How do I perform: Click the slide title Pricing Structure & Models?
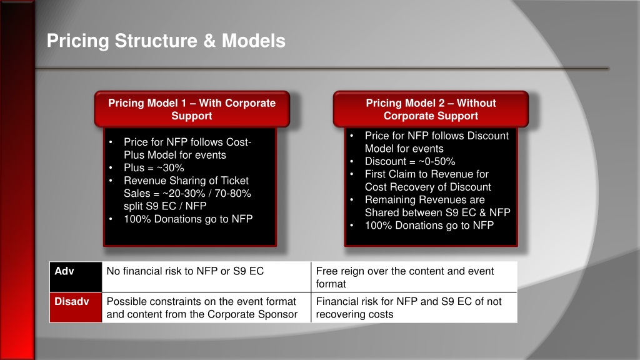[x=166, y=41]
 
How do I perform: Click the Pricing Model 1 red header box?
[x=192, y=109]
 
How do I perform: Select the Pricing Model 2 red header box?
[x=431, y=109]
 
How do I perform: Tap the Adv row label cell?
[x=76, y=277]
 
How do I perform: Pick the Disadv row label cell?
[x=76, y=307]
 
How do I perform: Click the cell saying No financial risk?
[x=206, y=277]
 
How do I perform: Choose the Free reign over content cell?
[x=414, y=277]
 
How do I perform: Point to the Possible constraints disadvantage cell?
[x=206, y=307]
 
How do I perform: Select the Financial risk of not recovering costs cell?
[x=414, y=307]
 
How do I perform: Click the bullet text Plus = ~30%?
[x=154, y=167]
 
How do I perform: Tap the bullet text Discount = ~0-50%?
[x=410, y=161]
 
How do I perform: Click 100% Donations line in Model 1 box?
[x=188, y=219]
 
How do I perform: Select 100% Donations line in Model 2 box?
[x=429, y=225]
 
